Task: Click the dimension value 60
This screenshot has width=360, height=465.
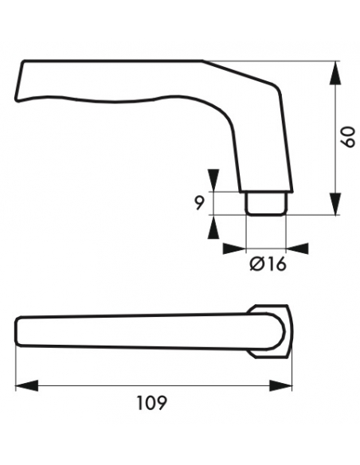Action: (x=348, y=137)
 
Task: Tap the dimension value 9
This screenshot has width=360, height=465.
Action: (x=198, y=203)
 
